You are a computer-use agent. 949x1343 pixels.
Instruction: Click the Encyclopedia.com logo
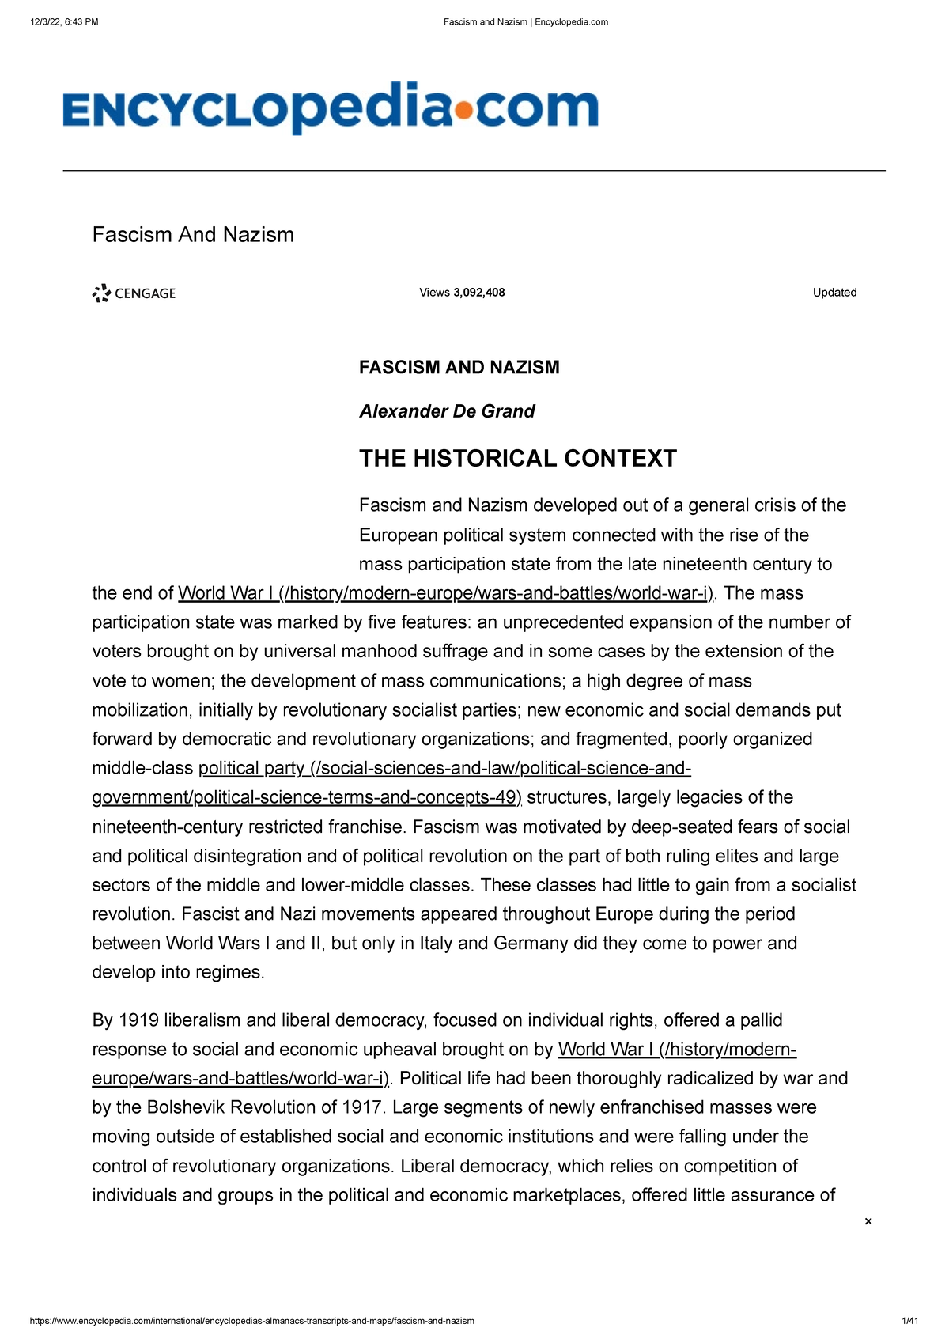(331, 108)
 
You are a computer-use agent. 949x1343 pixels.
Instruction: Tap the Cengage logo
(134, 293)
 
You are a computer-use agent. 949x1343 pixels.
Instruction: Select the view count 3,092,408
(478, 293)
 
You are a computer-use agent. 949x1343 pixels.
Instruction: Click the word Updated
(834, 293)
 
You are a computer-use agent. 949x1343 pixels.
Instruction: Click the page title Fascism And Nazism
(193, 235)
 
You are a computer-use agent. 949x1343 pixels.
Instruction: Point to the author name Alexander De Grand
(447, 411)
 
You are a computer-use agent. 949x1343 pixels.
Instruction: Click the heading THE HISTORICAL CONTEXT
(518, 459)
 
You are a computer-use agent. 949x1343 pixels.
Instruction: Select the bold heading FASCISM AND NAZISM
(459, 368)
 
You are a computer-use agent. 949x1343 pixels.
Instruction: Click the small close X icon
(868, 1221)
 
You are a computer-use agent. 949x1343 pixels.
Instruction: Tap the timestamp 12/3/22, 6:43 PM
(64, 22)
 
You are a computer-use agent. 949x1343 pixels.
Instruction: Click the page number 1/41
(909, 1321)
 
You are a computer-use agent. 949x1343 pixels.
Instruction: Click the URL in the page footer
(251, 1321)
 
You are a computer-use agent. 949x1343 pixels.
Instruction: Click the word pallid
(761, 1020)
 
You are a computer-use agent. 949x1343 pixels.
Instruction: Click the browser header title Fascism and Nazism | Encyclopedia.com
(526, 22)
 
